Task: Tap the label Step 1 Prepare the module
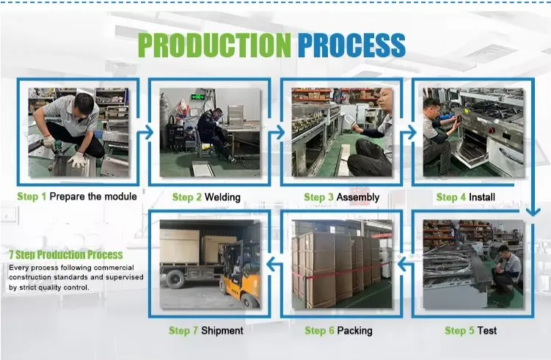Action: tap(77, 196)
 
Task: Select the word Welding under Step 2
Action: tap(222, 197)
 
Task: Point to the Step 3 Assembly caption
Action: tap(341, 197)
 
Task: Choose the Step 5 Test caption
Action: tap(470, 331)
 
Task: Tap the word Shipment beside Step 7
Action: tap(222, 331)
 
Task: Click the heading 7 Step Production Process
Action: tap(66, 255)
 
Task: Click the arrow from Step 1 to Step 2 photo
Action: tap(145, 132)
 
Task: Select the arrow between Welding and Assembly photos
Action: tap(277, 132)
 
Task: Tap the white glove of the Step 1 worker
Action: tap(78, 161)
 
